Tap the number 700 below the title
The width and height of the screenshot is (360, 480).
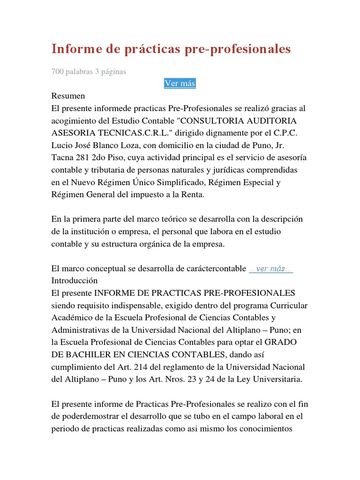pos(57,72)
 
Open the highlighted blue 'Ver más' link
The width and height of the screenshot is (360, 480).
pos(180,83)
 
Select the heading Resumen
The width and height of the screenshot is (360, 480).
pos(68,96)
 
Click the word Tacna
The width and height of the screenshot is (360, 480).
pos(62,157)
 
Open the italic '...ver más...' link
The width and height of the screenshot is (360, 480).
pos(271,269)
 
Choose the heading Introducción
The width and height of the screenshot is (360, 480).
pos(75,281)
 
